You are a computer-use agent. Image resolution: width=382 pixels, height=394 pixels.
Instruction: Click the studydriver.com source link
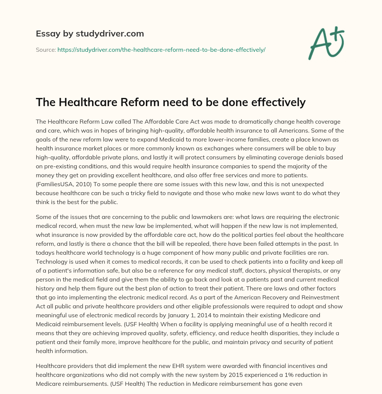[161, 50]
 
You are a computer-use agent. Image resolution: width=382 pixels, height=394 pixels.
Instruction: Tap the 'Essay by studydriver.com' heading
[90, 34]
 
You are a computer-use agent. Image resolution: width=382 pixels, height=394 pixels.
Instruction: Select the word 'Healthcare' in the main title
[86, 102]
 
